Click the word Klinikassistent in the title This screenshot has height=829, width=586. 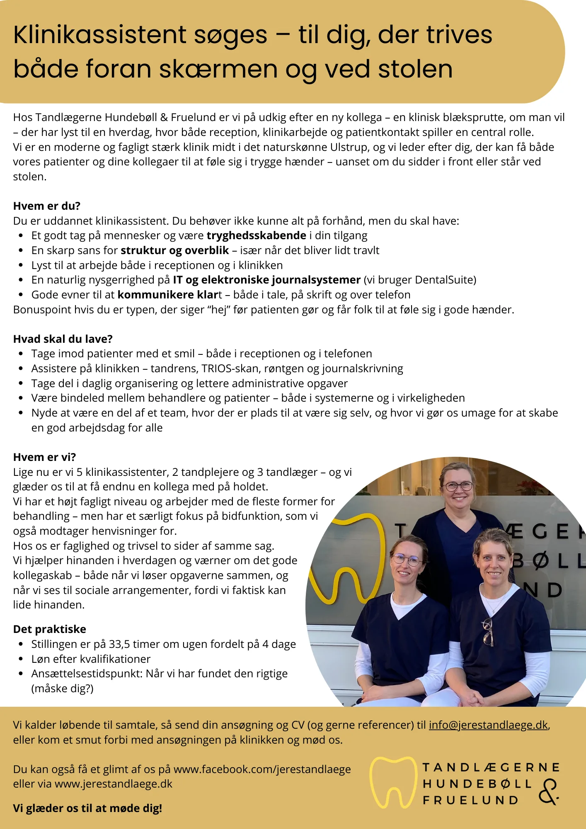(x=100, y=35)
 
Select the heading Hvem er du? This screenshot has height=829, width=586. (x=47, y=206)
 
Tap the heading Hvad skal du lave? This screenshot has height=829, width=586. (x=63, y=339)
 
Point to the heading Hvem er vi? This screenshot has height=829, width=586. (x=45, y=457)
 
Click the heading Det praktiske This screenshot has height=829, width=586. (x=50, y=629)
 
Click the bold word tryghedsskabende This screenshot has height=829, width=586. (x=257, y=235)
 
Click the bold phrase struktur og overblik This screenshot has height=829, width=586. (x=175, y=250)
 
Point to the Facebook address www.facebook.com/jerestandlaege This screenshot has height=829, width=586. (x=262, y=769)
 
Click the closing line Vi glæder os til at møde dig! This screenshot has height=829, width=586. (x=87, y=808)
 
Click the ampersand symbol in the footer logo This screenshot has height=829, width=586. (x=549, y=792)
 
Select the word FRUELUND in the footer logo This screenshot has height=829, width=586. (x=470, y=800)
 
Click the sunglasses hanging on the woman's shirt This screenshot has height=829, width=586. (x=488, y=632)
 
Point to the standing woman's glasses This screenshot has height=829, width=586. (x=459, y=486)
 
